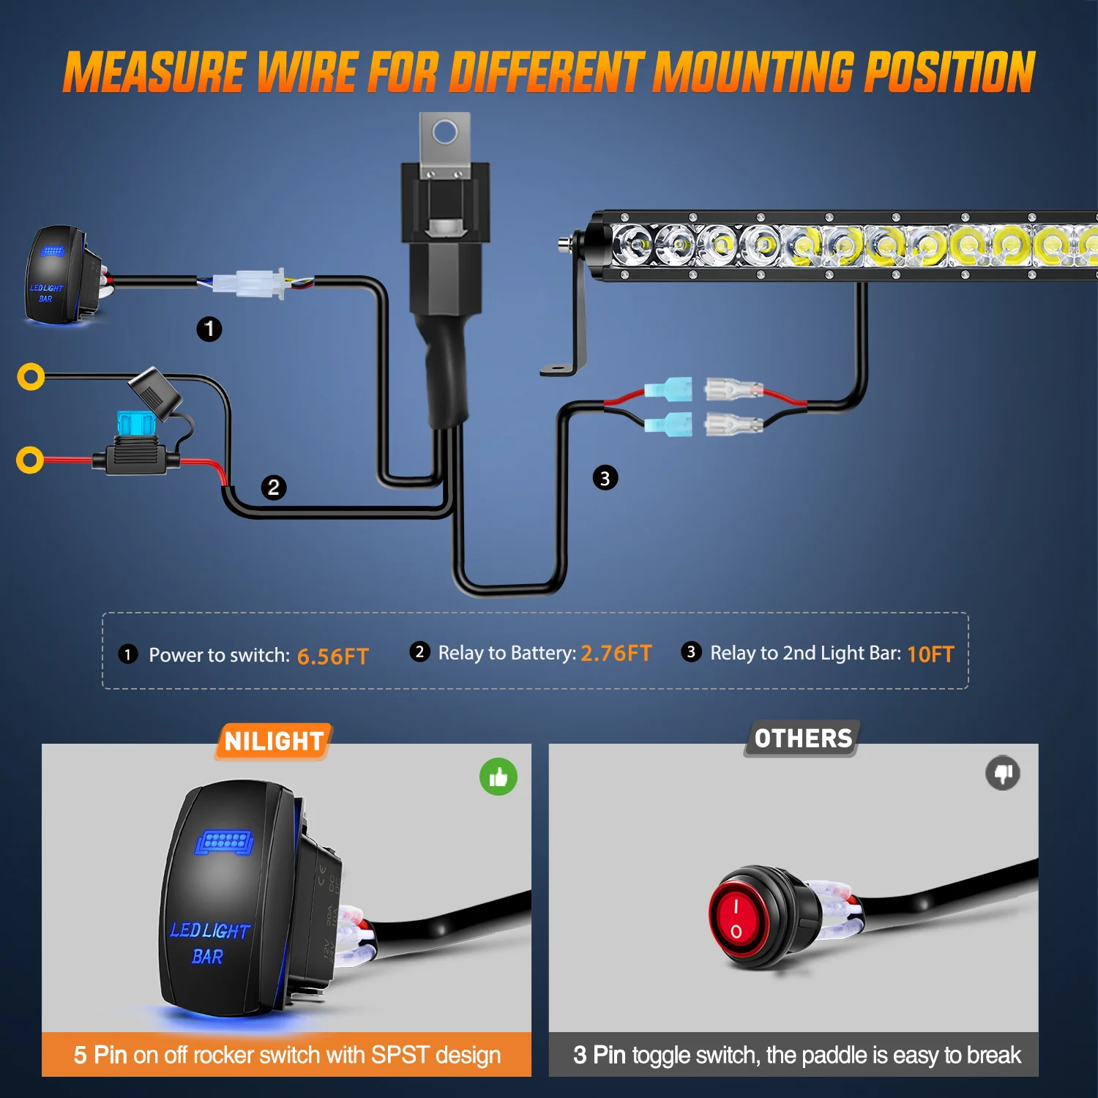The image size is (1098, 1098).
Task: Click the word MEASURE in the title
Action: (154, 72)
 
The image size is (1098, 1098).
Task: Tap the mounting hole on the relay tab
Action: (445, 132)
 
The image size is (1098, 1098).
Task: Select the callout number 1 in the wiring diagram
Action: (209, 329)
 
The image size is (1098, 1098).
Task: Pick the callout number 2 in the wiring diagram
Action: (274, 488)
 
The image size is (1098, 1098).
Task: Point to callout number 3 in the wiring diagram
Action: (605, 478)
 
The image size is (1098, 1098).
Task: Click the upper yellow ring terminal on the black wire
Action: (31, 376)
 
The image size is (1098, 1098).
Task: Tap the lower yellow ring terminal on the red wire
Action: (30, 460)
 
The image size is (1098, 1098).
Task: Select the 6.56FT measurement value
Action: (332, 656)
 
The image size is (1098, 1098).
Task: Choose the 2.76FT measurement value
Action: (616, 653)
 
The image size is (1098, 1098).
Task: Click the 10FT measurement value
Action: (930, 654)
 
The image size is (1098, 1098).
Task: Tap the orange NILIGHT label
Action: (274, 742)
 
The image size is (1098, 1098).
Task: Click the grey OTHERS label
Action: (803, 739)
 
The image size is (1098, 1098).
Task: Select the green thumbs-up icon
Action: (498, 777)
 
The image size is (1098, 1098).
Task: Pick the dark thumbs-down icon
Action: (1003, 773)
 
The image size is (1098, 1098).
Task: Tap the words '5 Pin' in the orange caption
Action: (100, 1055)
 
